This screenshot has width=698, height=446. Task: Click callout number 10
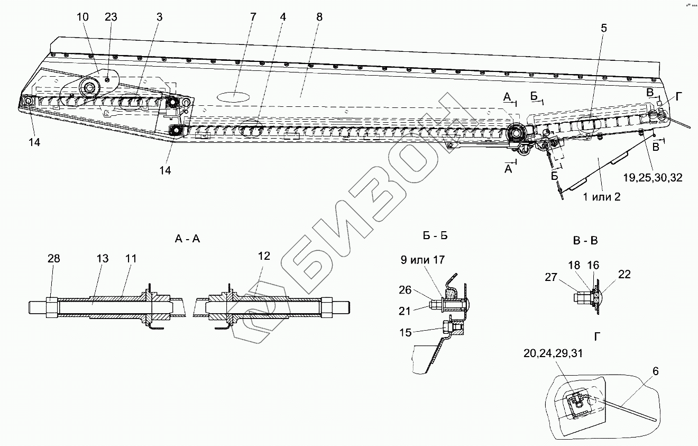(83, 17)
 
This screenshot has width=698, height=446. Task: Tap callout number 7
(253, 17)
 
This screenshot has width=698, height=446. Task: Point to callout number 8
(319, 17)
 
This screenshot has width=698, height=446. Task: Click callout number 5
(603, 29)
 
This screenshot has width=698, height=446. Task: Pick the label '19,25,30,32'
(653, 178)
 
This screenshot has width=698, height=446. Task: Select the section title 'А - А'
(187, 239)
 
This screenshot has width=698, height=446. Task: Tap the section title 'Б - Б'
(436, 235)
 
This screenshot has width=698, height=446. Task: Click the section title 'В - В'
(585, 241)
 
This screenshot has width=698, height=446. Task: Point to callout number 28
(53, 258)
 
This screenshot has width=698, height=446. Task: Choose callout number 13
(103, 258)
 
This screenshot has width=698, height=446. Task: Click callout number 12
(264, 256)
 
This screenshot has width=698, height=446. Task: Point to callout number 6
(655, 371)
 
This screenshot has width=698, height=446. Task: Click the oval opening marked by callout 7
(235, 97)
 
